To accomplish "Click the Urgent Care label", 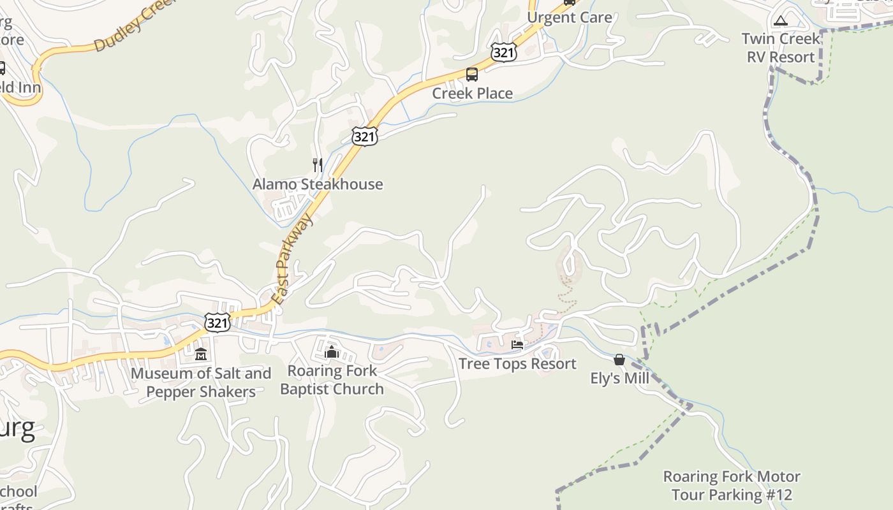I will [x=569, y=17].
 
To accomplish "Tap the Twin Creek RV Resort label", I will [x=781, y=48].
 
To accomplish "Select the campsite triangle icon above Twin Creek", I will [x=781, y=20].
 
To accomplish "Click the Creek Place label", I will [x=472, y=93].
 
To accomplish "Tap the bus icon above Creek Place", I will [x=472, y=75].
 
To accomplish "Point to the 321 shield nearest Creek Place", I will [x=503, y=52].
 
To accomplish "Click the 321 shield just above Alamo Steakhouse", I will [x=364, y=136].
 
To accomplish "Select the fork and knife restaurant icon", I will [x=318, y=165].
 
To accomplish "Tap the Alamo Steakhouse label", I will [x=318, y=184].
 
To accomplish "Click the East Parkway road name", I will [x=294, y=258].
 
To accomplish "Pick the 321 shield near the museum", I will [x=218, y=323].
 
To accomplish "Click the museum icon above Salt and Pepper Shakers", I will [x=201, y=354].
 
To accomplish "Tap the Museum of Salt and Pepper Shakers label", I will [x=201, y=382].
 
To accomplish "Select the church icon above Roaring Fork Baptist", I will [x=331, y=351].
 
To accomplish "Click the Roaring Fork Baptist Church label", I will [x=332, y=379].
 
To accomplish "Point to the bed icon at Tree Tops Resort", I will [x=517, y=346].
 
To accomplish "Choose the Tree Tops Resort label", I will [x=517, y=363].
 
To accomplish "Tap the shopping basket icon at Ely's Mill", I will [x=619, y=360].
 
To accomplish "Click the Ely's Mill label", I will [x=619, y=378].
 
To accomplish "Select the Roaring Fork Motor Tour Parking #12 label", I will [x=731, y=485].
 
